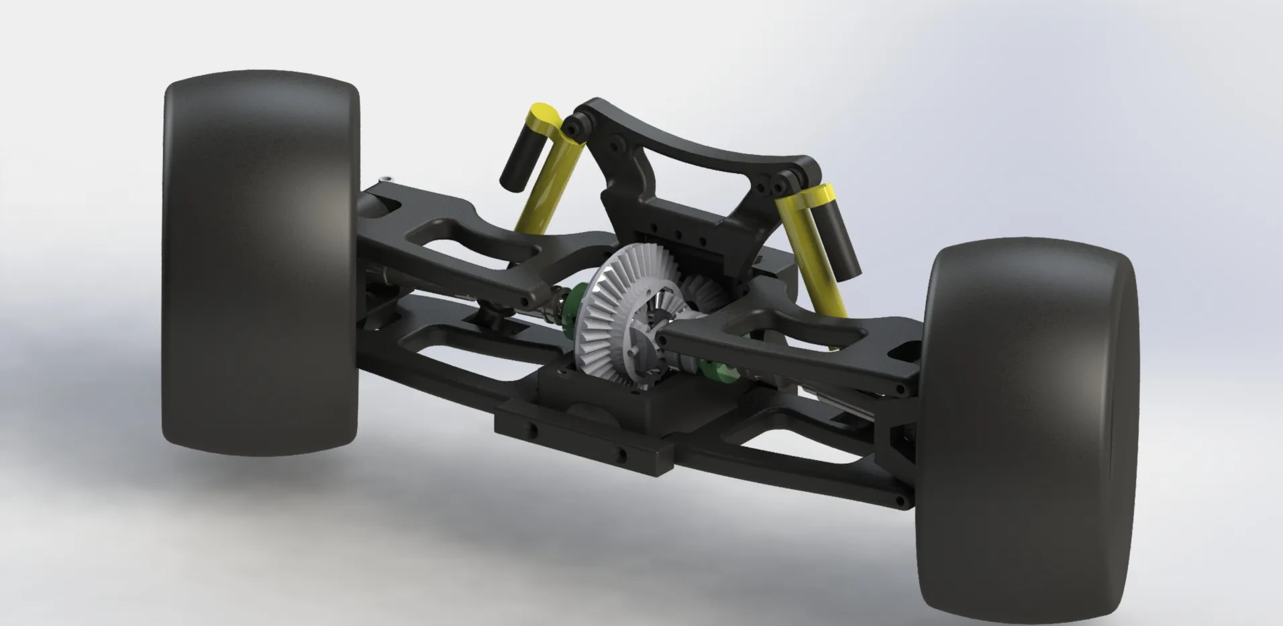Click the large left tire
tap(262, 268)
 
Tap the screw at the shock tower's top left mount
tap(571, 126)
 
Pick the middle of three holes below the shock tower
tap(678, 234)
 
